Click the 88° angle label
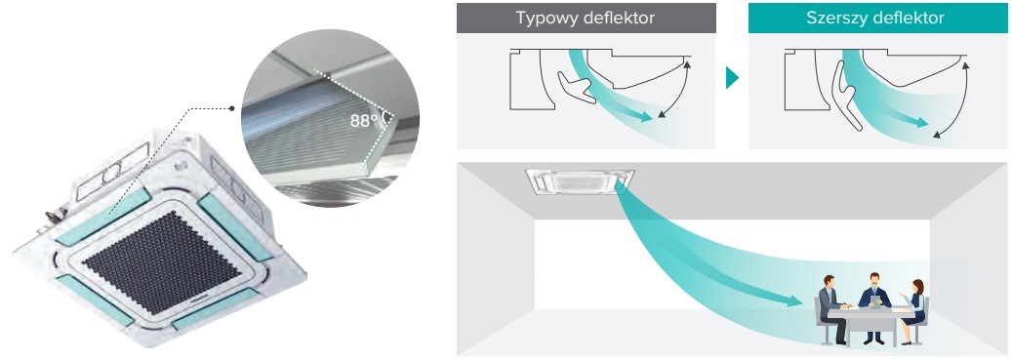[x=364, y=121]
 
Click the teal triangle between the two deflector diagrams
[x=732, y=78]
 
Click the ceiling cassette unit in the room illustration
[x=580, y=181]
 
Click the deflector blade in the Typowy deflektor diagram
[x=576, y=89]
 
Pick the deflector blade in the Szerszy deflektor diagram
[x=847, y=96]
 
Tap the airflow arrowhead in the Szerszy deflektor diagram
[x=921, y=122]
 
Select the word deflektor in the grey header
[x=619, y=19]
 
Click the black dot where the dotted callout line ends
[x=230, y=108]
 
